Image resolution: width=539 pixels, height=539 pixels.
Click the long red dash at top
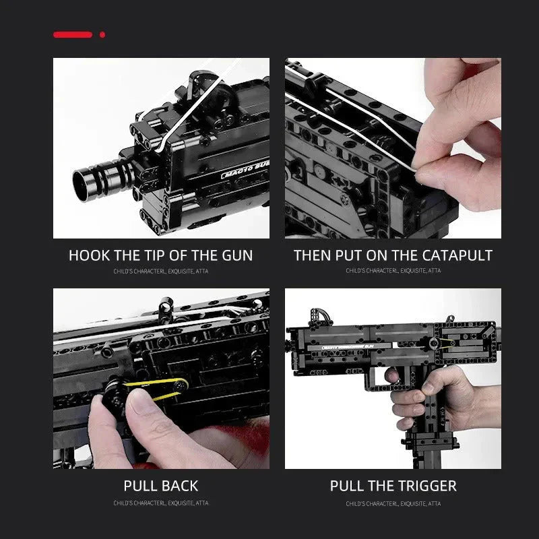[73, 34]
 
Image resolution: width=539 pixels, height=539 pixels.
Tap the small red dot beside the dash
[102, 34]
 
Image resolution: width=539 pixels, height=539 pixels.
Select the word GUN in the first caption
[235, 256]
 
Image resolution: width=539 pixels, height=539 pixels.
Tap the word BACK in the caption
[180, 486]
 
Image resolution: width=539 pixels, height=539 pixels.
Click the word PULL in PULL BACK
[140, 486]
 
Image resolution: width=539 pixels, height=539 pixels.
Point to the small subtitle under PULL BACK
[161, 503]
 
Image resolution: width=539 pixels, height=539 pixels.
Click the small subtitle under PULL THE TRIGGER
[393, 503]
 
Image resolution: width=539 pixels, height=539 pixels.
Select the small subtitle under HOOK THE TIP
[161, 271]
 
